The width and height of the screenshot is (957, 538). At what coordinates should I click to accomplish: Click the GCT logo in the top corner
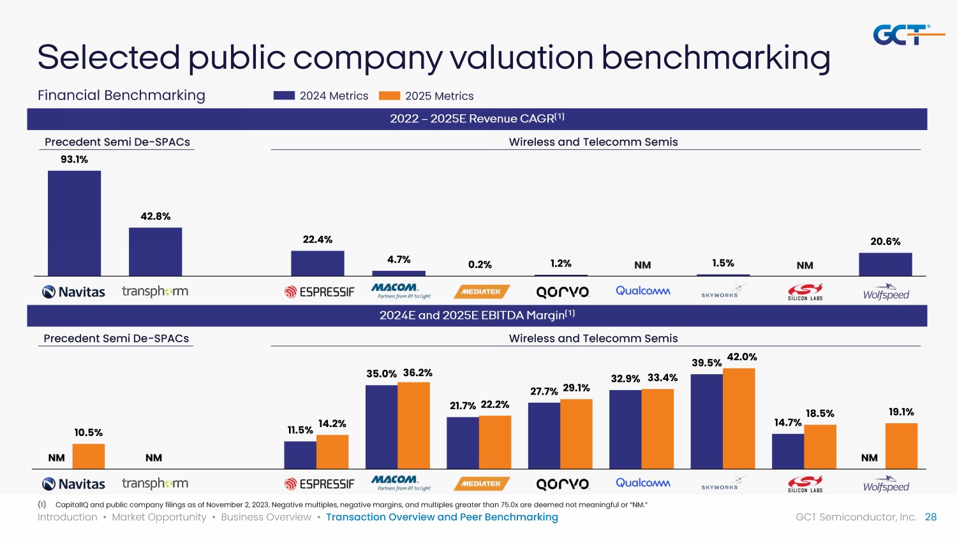(907, 34)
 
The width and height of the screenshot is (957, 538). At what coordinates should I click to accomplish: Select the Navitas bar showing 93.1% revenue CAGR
(74, 223)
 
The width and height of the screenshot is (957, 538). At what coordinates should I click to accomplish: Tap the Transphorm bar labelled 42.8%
(155, 252)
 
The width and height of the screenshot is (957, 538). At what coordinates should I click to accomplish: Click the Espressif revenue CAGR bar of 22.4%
(317, 263)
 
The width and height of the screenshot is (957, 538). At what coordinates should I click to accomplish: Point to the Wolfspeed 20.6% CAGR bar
(885, 265)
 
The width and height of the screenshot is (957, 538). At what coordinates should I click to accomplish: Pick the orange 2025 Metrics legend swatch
(389, 96)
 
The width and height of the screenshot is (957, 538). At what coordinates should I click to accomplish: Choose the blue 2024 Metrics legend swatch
(284, 96)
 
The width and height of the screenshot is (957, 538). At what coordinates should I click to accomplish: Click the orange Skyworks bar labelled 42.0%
(739, 418)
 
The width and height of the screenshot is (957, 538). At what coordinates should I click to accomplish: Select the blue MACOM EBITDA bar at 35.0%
(382, 427)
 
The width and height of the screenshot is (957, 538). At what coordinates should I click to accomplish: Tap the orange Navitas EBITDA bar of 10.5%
(89, 456)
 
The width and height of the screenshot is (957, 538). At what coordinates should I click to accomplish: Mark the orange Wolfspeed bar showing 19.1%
(901, 446)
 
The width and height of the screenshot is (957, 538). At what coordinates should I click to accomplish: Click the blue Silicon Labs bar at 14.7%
(788, 451)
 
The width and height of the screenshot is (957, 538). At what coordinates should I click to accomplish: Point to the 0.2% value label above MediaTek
(480, 265)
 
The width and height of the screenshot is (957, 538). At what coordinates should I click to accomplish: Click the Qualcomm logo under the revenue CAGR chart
(642, 291)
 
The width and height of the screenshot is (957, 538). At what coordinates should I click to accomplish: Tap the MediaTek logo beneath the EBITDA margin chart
(482, 484)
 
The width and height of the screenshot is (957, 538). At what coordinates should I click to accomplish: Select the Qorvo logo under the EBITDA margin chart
(562, 484)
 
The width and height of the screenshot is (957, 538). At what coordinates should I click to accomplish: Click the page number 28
(931, 517)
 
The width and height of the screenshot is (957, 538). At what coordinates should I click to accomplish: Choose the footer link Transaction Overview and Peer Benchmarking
(441, 517)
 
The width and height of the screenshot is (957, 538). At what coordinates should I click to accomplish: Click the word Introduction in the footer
(67, 517)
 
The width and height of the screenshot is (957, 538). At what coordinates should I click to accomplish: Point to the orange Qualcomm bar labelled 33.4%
(658, 429)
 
